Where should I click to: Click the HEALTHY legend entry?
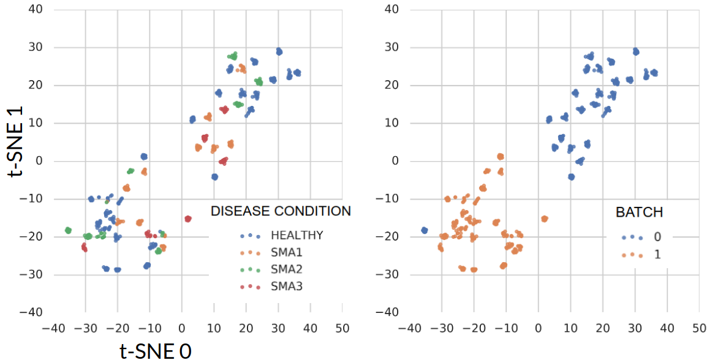tap(297, 235)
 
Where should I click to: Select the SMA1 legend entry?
tap(287, 252)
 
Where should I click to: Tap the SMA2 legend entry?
tap(287, 269)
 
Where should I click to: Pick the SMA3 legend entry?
tap(287, 286)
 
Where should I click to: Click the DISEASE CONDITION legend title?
tap(281, 211)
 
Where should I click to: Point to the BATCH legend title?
tap(639, 212)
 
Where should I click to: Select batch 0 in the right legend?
tap(657, 237)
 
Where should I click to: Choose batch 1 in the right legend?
tap(657, 255)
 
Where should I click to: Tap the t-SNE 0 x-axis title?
tap(155, 351)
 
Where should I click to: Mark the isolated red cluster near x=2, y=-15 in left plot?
tap(188, 219)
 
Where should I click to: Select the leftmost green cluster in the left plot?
tap(68, 230)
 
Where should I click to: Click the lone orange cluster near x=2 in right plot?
tap(544, 219)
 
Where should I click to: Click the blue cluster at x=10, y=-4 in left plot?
tap(214, 177)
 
